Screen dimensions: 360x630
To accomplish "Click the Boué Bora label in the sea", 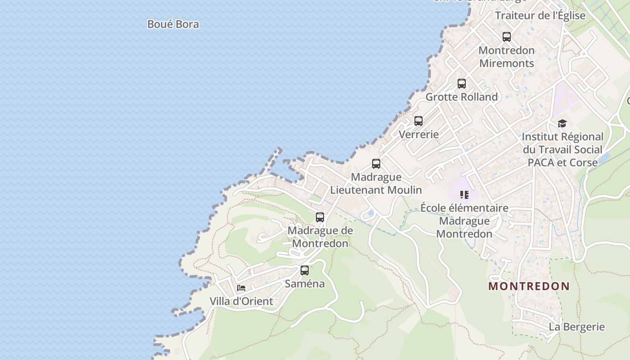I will pos(173,24).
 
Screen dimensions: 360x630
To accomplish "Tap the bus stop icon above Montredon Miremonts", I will pos(506,37).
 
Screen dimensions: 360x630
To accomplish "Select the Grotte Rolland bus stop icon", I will pos(461,84).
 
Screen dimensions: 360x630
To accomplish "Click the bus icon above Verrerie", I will pos(418,121).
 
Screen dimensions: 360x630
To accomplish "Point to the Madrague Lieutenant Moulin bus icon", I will pos(376,164).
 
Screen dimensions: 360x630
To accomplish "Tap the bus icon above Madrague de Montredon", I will pos(319,217).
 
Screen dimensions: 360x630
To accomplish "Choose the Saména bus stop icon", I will pos(304,270).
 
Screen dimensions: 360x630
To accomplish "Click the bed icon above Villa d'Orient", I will pos(241,288).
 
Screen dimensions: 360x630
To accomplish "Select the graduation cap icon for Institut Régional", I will pos(562,124).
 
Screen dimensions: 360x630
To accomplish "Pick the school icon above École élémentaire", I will pos(464,195).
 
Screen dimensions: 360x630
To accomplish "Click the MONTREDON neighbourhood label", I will pos(529,286).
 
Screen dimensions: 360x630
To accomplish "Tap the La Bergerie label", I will pos(576,327).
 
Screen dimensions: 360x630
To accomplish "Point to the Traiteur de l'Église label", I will pos(540,15).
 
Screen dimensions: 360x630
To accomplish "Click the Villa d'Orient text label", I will pos(241,301).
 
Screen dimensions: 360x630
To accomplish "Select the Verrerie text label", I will pos(418,134).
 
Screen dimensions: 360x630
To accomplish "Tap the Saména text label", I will pos(304,283).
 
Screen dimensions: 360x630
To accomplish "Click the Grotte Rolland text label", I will pos(461,97).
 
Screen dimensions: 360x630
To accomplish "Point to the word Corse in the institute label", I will pos(584,162).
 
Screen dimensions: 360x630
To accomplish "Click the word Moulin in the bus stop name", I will pos(405,190).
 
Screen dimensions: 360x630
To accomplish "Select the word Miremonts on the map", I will pos(506,63).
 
